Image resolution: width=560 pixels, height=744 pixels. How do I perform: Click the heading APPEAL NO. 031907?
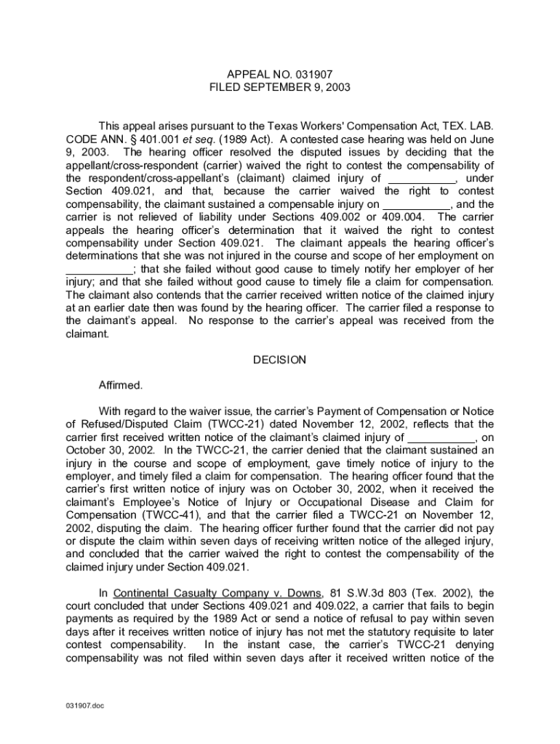click(x=279, y=74)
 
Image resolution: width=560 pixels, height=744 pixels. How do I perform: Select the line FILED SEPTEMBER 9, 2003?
click(x=279, y=87)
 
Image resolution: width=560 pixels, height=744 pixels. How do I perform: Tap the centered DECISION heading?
click(x=279, y=360)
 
